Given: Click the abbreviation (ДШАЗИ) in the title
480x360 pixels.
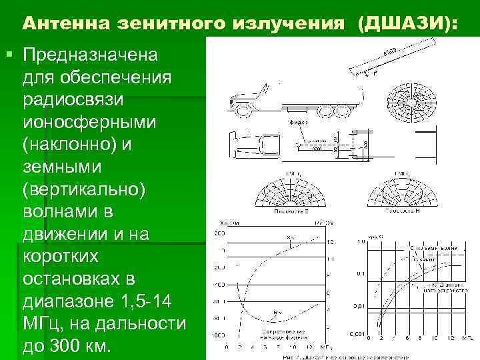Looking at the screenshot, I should pyautogui.click(x=407, y=25).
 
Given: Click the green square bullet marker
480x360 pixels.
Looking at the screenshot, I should pyautogui.click(x=7, y=52).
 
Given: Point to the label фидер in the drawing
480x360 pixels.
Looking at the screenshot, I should pyautogui.click(x=298, y=123).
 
